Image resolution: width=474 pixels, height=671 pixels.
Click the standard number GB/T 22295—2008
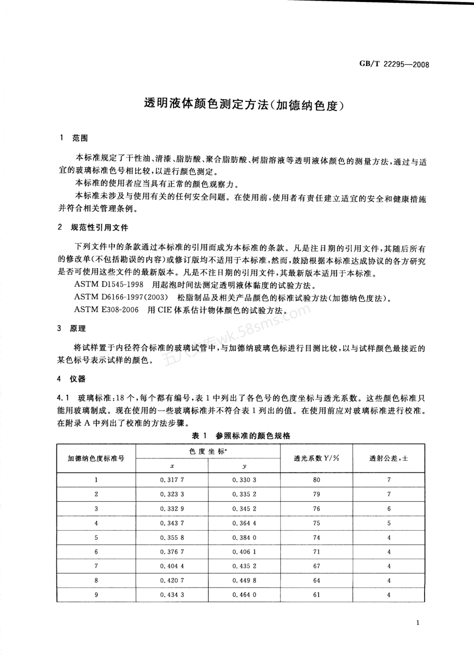click(394, 65)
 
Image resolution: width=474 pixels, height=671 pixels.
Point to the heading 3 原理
click(73, 329)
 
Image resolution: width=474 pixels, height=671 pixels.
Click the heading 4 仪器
click(73, 379)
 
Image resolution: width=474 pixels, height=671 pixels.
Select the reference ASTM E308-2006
click(106, 310)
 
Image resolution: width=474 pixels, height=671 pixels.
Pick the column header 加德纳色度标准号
click(96, 458)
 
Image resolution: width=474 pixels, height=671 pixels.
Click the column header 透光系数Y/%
click(316, 458)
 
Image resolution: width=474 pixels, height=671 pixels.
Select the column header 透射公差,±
click(389, 458)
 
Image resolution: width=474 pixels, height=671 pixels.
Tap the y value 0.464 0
click(244, 595)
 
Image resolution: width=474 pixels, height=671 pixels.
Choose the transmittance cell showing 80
click(316, 480)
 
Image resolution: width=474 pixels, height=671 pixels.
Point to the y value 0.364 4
click(244, 523)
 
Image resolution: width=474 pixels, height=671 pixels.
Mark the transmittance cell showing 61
click(316, 595)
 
